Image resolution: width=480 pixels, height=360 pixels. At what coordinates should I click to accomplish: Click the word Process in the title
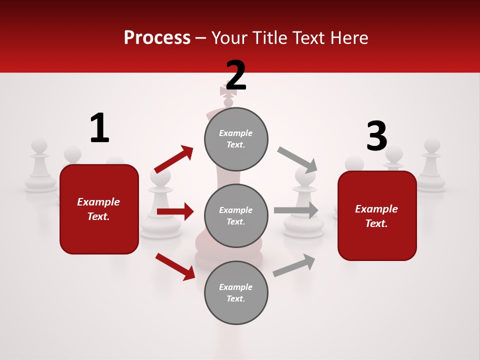tap(157, 37)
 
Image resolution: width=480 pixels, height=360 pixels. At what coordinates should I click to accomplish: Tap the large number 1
tap(99, 128)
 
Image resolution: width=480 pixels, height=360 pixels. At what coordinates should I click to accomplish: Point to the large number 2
tap(236, 75)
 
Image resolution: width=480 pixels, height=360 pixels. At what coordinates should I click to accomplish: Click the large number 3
tap(376, 136)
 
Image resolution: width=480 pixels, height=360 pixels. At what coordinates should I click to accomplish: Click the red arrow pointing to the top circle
tap(174, 159)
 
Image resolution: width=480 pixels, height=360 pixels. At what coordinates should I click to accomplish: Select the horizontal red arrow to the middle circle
tap(175, 211)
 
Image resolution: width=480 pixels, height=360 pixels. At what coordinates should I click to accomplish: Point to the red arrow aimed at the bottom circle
tap(175, 266)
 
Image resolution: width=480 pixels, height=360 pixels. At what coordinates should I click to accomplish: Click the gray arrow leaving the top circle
tap(297, 159)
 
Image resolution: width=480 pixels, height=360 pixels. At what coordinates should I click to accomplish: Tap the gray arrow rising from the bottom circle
tap(294, 265)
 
